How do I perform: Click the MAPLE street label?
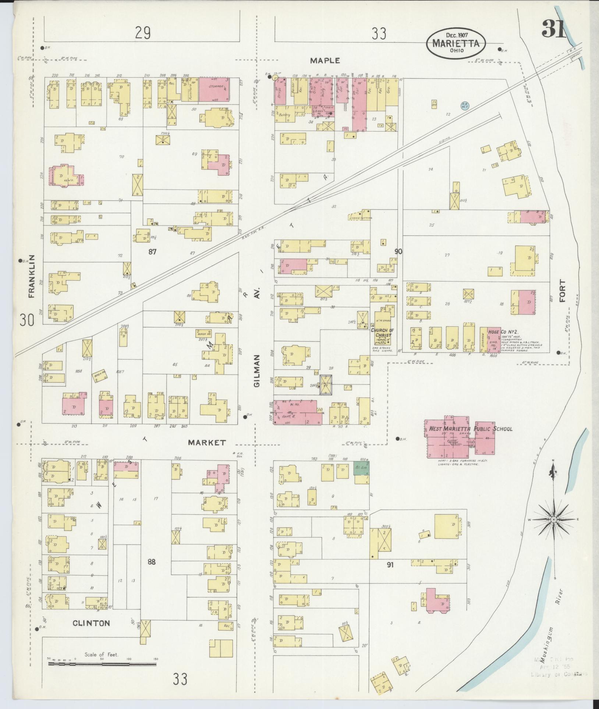(x=325, y=61)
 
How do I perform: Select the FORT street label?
(x=562, y=291)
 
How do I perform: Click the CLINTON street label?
(x=91, y=623)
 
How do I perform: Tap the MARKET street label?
(x=207, y=443)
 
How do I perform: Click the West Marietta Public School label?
(x=471, y=429)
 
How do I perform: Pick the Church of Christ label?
(x=382, y=333)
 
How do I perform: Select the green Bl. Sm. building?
(x=362, y=468)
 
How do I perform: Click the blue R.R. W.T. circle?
(x=465, y=106)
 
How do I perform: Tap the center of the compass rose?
(x=553, y=519)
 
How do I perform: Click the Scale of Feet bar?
(x=103, y=664)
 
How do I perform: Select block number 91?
(x=390, y=564)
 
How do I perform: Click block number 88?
(x=152, y=561)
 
